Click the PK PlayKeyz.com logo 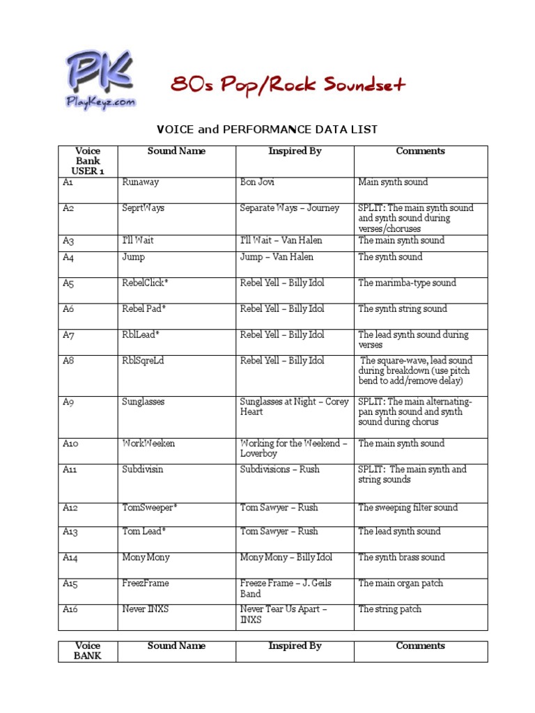coord(101,79)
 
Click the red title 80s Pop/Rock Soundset coord(288,85)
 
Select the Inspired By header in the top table coord(295,151)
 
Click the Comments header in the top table coord(420,151)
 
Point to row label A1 coord(68,182)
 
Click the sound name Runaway coord(140,182)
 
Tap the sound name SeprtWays coord(143,208)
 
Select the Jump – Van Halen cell coord(277,257)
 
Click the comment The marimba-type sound coord(407,283)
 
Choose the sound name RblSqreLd coord(143,361)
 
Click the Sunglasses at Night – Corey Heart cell coord(294,407)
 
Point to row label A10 coord(70,444)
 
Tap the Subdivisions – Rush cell coord(279,469)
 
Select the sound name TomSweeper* coord(149,508)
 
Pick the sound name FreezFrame coord(145,583)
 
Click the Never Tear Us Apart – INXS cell coord(284,614)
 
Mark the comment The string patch coord(389,609)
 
